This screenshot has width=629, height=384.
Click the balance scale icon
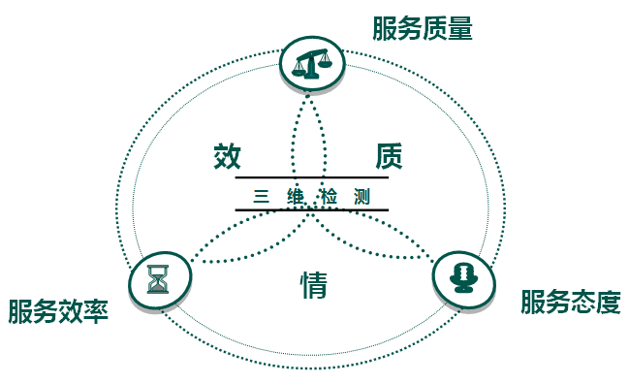tap(312, 63)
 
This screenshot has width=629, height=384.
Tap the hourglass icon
tap(158, 279)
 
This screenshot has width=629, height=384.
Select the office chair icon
tap(463, 277)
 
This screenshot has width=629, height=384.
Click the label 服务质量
tap(423, 28)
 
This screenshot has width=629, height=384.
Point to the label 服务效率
tap(58, 311)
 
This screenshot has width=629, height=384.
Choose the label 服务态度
tap(571, 302)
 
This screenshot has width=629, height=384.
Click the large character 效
tap(227, 156)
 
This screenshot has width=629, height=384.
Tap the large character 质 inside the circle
tap(389, 156)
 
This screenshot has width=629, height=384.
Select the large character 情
tap(314, 284)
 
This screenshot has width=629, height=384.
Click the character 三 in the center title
tap(261, 196)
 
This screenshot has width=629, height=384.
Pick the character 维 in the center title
tap(296, 196)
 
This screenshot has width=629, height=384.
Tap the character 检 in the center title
tap(329, 196)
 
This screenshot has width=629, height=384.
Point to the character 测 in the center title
tap(362, 196)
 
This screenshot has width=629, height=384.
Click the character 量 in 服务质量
tap(460, 28)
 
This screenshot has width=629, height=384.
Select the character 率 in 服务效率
tap(96, 311)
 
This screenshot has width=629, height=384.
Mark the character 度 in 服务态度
tap(609, 302)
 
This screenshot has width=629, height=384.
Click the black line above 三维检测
tap(312, 176)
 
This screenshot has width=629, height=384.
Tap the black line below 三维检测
tap(312, 209)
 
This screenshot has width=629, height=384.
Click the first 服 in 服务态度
tap(533, 302)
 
